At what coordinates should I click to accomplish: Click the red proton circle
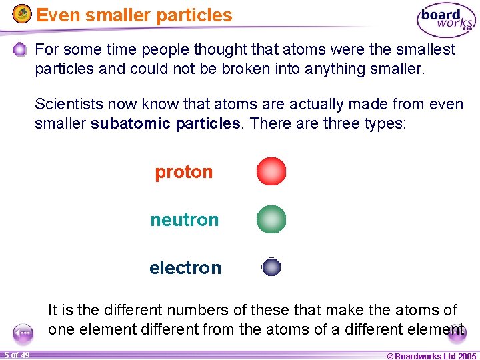tap(271, 171)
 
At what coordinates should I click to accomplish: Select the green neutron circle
tap(271, 219)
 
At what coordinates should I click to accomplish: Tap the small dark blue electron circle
tap(271, 267)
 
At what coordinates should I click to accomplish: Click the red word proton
tap(183, 172)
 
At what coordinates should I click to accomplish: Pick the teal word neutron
tap(184, 220)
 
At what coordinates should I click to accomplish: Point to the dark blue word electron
tap(185, 268)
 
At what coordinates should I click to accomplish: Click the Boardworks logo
tap(446, 20)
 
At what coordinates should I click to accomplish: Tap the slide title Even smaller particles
tap(134, 15)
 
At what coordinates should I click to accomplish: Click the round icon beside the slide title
tap(22, 14)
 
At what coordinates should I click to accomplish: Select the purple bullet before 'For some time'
tap(20, 50)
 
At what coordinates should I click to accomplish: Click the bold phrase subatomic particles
tap(166, 124)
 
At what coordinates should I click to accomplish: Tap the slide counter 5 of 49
tap(16, 355)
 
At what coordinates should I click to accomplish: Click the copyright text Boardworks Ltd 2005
tap(431, 356)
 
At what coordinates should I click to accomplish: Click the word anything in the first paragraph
tap(323, 69)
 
